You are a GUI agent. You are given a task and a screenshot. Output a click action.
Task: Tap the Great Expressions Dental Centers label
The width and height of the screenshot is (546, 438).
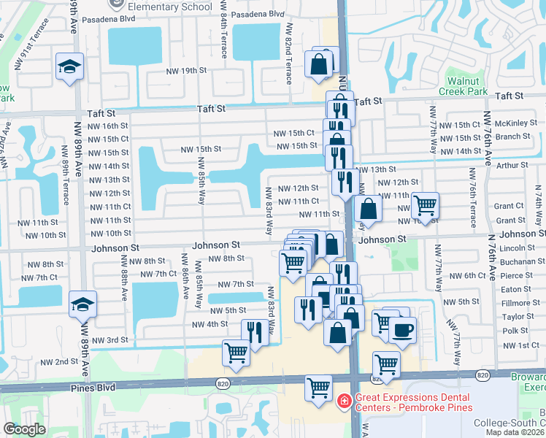coord(413,402)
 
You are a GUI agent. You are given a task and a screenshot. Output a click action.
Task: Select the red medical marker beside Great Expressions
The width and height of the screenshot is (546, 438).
coord(344,402)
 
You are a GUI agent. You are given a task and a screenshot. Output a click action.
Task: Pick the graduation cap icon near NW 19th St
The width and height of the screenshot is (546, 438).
coord(70,66)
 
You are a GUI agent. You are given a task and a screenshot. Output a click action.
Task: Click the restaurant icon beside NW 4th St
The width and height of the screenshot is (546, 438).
coord(254,331)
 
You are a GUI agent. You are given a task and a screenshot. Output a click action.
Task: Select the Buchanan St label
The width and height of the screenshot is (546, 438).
coord(519,261)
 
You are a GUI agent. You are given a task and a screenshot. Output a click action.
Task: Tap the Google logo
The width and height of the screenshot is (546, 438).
coord(25,429)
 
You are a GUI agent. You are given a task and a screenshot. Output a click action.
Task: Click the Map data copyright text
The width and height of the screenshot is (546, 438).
coord(515,432)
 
